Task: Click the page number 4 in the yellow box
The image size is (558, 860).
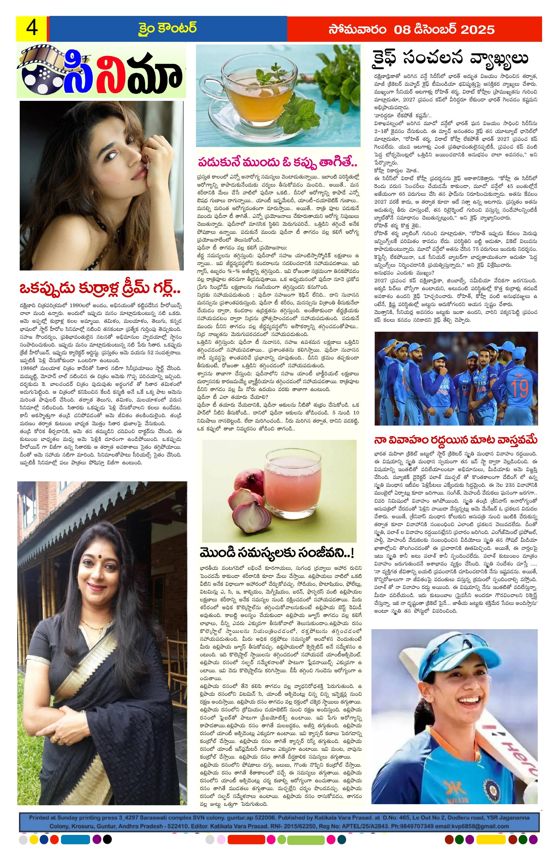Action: [32, 29]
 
